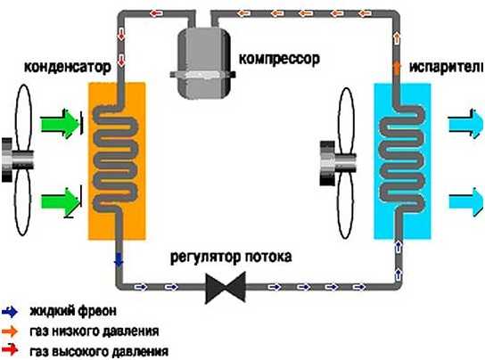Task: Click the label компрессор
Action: (279, 59)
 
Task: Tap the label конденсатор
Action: (67, 67)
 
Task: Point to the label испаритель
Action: (447, 67)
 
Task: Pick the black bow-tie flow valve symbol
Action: (226, 288)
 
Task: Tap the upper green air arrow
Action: (61, 124)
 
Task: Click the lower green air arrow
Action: (61, 202)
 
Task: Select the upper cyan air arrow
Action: (465, 123)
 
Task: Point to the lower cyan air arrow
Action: (465, 202)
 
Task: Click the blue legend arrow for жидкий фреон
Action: (10, 312)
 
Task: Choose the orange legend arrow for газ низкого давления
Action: (10, 331)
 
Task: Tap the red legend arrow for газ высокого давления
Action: (10, 350)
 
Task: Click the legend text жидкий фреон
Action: (73, 311)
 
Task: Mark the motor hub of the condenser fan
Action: (17, 160)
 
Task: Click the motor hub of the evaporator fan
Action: (338, 163)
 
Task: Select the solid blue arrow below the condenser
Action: (119, 259)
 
